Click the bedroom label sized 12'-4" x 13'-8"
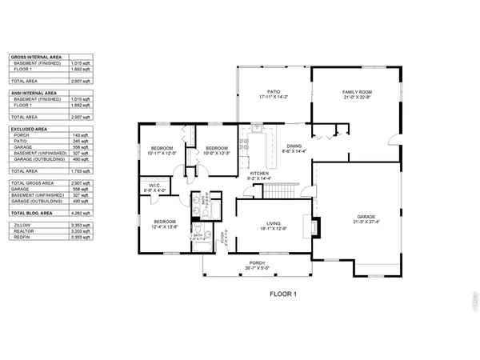(165, 223)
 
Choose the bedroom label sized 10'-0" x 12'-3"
(217, 150)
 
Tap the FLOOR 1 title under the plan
(282, 294)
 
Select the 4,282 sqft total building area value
(81, 214)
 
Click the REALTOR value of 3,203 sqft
(81, 232)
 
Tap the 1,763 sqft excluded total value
(81, 170)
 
